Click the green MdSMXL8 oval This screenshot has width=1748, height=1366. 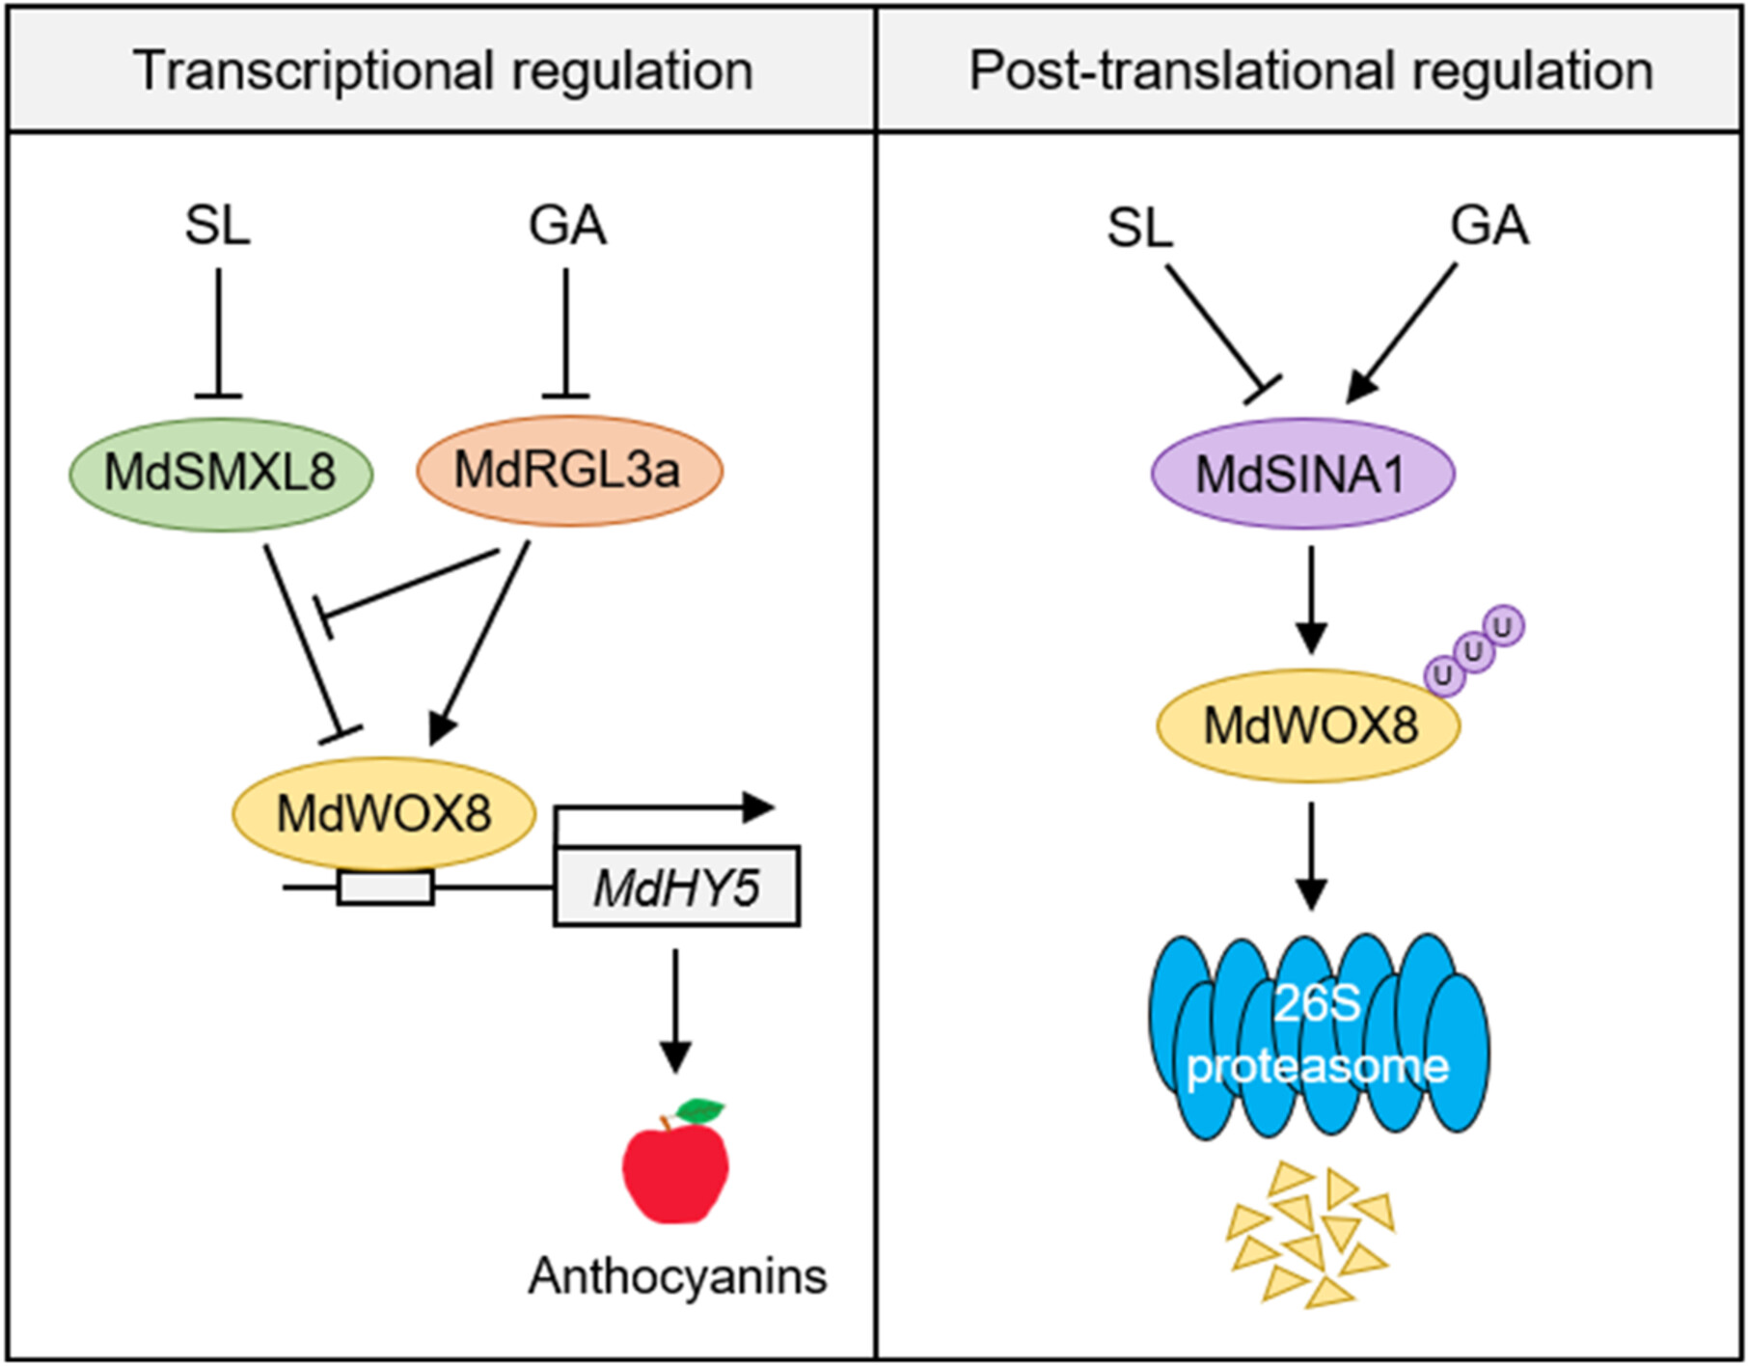coord(221,474)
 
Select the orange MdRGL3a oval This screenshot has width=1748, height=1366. coord(569,471)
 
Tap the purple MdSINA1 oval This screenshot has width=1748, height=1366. coord(1302,474)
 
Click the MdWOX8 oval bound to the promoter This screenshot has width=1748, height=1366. coord(384,813)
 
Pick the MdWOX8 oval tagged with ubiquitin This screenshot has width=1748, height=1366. coord(1309,725)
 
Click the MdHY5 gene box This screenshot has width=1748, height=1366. coord(676,887)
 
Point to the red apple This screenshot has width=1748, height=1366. coord(674,1171)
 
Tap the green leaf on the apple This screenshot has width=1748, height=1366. coord(701,1110)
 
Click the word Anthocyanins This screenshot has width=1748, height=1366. coord(677,1276)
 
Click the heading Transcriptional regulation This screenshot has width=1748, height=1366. coord(444,70)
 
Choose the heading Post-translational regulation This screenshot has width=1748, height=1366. coord(1311,70)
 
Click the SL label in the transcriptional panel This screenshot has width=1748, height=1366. coord(218,227)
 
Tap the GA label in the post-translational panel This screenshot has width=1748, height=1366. coord(1489,227)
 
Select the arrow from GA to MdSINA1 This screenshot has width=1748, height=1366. coord(1404,333)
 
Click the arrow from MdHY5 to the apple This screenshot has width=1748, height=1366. coord(675,1008)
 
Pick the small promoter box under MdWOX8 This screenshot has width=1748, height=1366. coord(385,887)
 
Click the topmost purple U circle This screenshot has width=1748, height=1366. coord(1503,626)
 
